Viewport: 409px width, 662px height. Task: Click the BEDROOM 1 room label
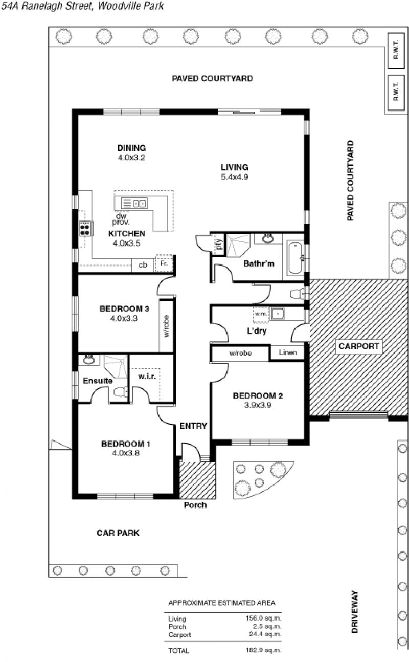(x=126, y=444)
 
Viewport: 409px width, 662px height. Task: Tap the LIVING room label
(x=235, y=167)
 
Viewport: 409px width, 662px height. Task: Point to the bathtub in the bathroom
(x=294, y=258)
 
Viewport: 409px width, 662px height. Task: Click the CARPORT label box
(x=359, y=346)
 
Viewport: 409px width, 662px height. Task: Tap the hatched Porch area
(x=197, y=480)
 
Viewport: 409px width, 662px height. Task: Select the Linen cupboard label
(x=288, y=352)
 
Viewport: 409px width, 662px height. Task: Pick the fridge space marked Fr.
(x=164, y=263)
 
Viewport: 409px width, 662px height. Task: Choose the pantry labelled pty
(x=218, y=244)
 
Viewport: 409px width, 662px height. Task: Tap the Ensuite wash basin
(x=88, y=360)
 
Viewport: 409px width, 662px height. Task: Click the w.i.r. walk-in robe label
(x=147, y=377)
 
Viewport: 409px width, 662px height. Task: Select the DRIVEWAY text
(x=354, y=612)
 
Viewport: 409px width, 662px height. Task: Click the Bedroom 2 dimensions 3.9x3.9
(x=258, y=405)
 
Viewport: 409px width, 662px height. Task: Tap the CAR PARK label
(x=118, y=533)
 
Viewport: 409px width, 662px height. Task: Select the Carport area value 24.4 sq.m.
(x=265, y=634)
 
